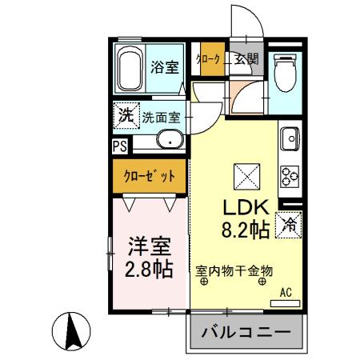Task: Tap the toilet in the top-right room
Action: click(x=285, y=75)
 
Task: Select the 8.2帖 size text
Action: click(x=243, y=230)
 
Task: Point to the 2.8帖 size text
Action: click(x=147, y=269)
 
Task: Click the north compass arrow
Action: click(x=69, y=329)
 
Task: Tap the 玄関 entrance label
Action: click(x=246, y=58)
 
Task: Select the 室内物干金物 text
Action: click(x=234, y=271)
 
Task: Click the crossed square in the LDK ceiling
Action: click(x=244, y=173)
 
